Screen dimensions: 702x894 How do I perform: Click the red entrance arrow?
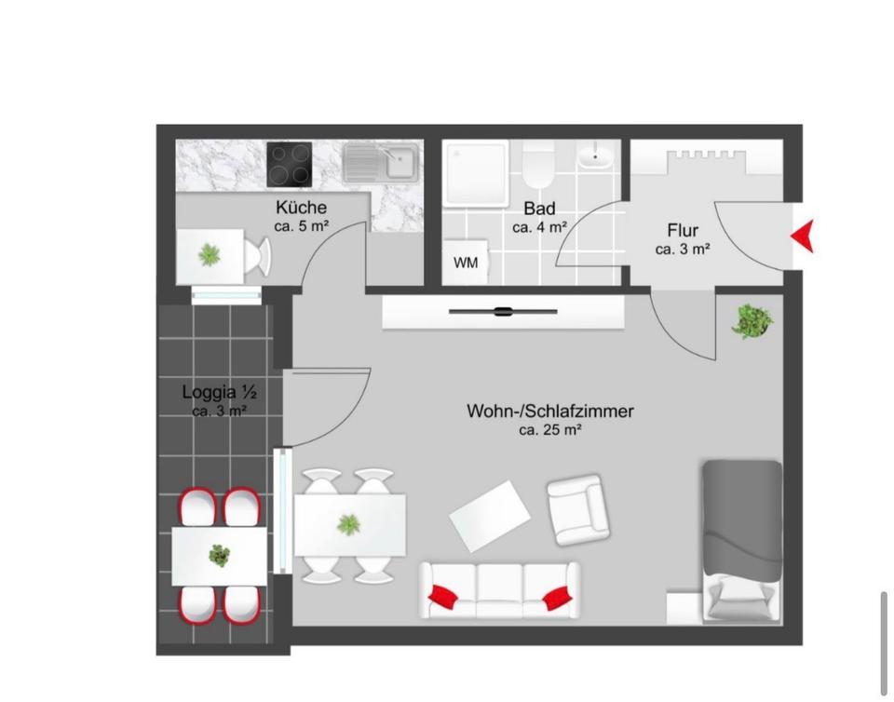pos(803,236)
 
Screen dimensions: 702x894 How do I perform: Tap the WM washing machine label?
pos(466,263)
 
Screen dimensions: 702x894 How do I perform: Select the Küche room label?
pos(301,208)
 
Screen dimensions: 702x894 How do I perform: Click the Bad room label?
pos(539,209)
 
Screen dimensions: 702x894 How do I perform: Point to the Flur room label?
pos(683,231)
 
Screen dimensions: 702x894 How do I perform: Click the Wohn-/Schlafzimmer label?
pos(550,411)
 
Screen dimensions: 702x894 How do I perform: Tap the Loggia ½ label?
pos(219,392)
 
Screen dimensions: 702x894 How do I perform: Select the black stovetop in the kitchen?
pos(290,164)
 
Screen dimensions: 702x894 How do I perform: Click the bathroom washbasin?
pos(595,155)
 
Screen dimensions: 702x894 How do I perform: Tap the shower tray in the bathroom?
pos(475,173)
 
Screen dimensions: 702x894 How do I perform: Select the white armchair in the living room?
pos(578,507)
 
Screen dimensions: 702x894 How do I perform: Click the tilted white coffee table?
pos(490,515)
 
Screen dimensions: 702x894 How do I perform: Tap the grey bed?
pos(741,540)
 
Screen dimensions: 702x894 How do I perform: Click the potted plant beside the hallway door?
pos(752,322)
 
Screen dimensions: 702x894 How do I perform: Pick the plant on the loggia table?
pos(220,556)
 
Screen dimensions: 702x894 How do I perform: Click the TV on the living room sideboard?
pos(503,312)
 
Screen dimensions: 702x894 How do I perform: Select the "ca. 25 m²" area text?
pos(550,430)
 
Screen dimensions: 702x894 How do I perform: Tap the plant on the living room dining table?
pos(349,524)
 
